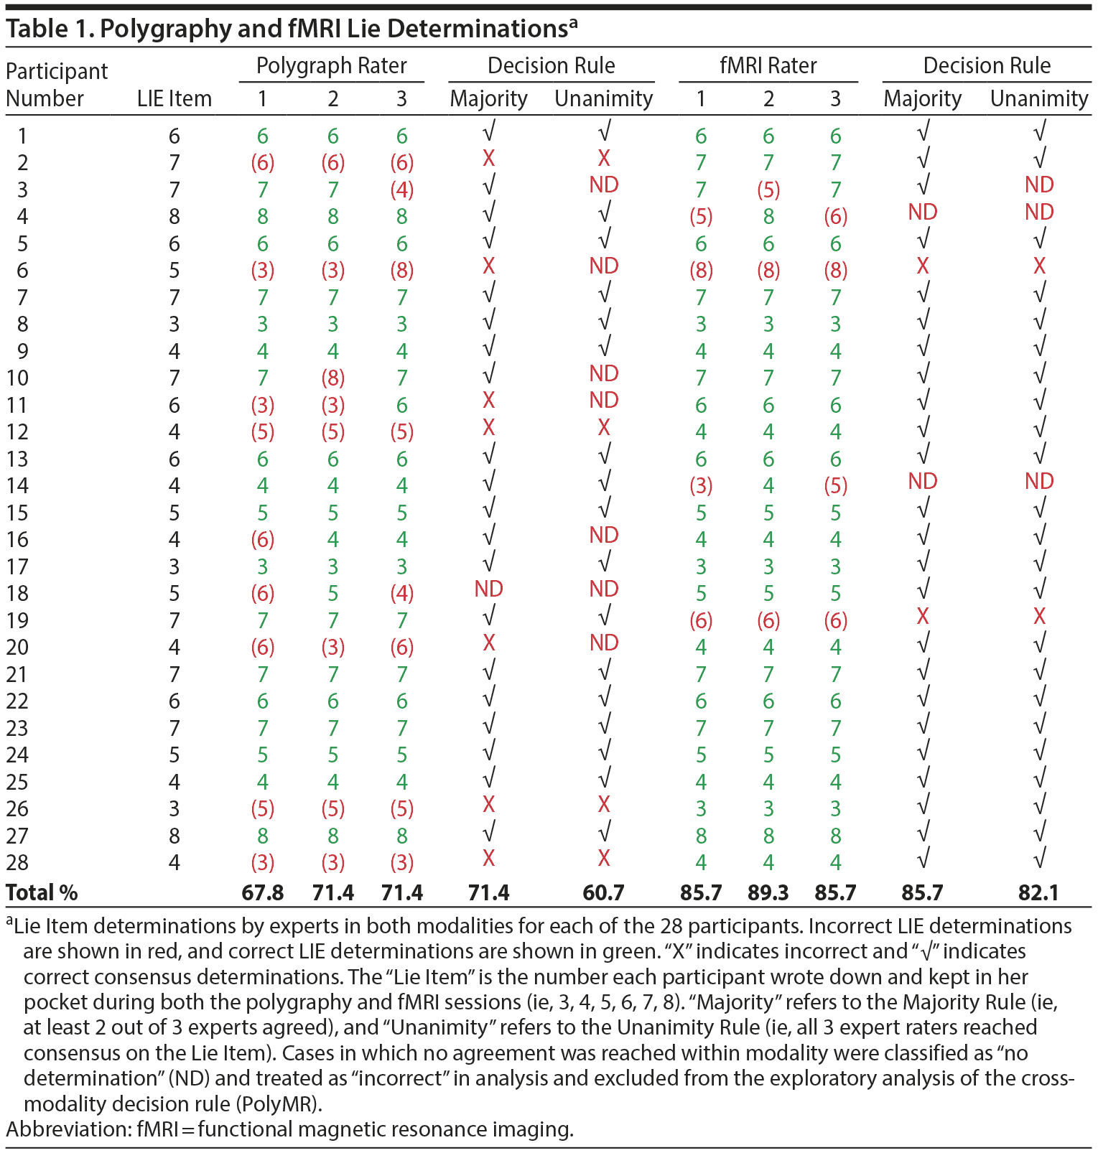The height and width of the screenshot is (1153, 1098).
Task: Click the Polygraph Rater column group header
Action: (331, 66)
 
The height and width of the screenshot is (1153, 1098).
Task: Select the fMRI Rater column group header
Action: (768, 66)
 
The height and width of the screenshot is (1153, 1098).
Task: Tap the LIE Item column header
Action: (175, 98)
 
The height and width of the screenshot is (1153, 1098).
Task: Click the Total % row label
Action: (42, 892)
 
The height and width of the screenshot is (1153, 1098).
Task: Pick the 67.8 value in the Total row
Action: (263, 892)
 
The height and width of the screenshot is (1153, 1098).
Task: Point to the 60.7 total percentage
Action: (603, 892)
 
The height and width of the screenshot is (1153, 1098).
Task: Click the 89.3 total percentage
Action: (768, 892)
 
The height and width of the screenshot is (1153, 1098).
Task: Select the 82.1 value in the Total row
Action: (1038, 892)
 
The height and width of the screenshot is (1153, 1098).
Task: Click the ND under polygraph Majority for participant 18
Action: (488, 589)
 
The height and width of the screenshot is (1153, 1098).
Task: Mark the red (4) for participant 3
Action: (401, 190)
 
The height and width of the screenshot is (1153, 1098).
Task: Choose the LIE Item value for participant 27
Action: (175, 836)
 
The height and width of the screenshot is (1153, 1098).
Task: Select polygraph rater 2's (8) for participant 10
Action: (333, 378)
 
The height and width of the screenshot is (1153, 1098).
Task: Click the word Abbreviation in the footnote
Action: (68, 1129)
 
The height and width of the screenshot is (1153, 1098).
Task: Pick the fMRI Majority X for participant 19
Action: (922, 616)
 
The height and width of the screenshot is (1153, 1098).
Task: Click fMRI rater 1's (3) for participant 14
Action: (701, 486)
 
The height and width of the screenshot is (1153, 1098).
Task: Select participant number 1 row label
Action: (22, 136)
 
